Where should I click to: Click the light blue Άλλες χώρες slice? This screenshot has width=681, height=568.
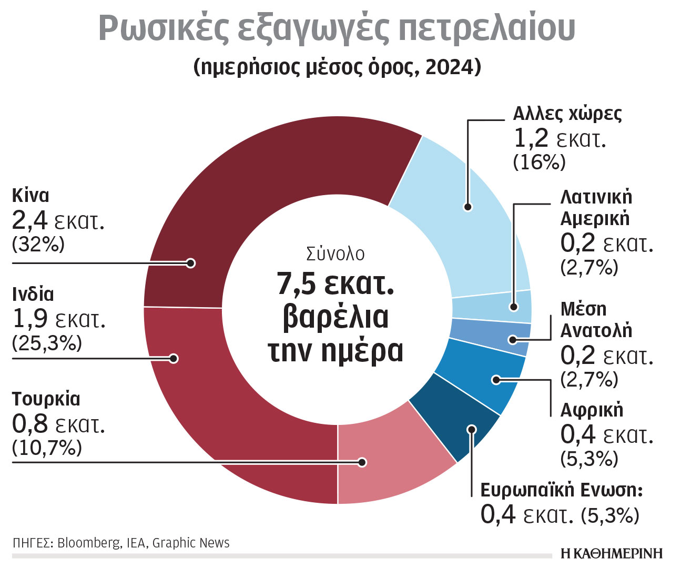[463, 221]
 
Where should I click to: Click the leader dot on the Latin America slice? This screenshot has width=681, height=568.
[514, 307]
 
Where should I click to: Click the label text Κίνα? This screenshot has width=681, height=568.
[31, 196]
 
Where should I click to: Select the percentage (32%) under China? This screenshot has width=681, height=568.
[38, 245]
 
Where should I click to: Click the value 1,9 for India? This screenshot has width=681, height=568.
[29, 319]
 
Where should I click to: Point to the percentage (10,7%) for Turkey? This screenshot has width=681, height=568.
[47, 448]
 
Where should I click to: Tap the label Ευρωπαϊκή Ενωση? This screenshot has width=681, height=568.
[561, 490]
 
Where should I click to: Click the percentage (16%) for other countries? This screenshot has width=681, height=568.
[539, 163]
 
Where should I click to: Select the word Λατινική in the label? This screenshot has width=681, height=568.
[596, 197]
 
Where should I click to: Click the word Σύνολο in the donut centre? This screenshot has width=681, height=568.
[336, 254]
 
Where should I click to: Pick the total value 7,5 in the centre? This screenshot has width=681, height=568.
[297, 284]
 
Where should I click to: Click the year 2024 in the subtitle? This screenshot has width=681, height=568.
[448, 67]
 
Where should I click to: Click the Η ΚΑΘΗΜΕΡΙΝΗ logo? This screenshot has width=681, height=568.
[612, 553]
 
